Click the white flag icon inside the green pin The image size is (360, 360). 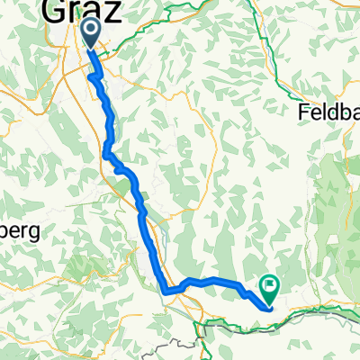click(x=269, y=285)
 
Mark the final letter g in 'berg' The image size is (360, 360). click(x=36, y=231)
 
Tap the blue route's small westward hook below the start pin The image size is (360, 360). click(x=92, y=78)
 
